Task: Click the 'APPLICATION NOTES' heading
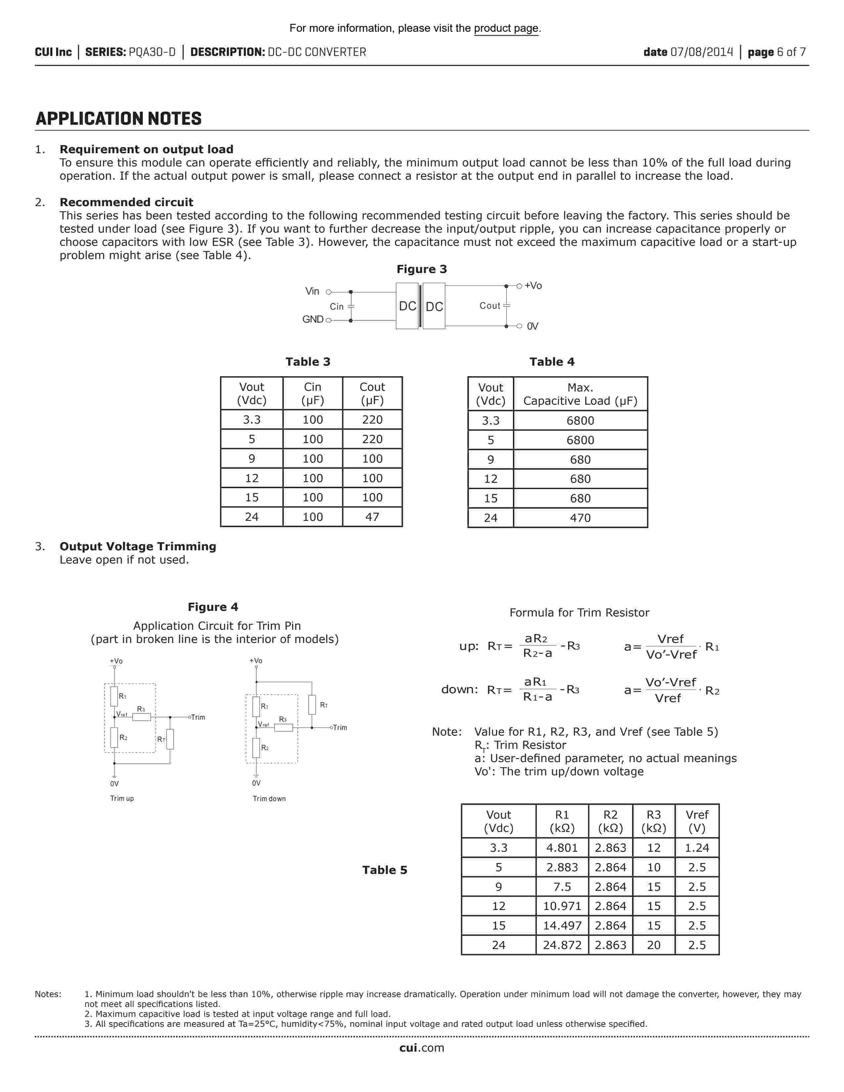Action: click(x=118, y=118)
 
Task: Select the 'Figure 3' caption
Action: click(x=421, y=269)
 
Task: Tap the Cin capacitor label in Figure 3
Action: click(x=337, y=306)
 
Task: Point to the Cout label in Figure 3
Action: click(x=490, y=305)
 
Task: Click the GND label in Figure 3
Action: click(x=312, y=319)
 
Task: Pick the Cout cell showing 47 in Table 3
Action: click(x=372, y=517)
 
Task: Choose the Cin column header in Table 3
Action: click(x=312, y=393)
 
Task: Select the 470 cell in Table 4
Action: click(x=580, y=518)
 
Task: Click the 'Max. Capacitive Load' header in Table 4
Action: click(x=580, y=394)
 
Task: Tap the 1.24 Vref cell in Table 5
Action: click(x=696, y=847)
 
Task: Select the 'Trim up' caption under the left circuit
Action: click(x=122, y=798)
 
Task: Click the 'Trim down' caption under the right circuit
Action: click(x=269, y=798)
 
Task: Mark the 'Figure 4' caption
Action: click(x=213, y=607)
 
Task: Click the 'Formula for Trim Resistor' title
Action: click(x=579, y=613)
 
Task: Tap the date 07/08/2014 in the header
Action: click(x=701, y=52)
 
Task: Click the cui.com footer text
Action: click(x=421, y=1048)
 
